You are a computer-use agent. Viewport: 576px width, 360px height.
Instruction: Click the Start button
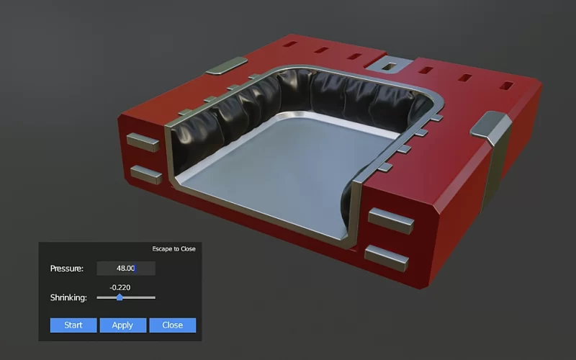click(x=73, y=325)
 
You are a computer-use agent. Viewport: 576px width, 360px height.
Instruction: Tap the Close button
click(x=172, y=325)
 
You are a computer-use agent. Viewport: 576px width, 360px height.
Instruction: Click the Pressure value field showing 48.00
click(x=126, y=269)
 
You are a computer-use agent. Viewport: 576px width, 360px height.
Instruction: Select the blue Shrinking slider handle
click(x=120, y=297)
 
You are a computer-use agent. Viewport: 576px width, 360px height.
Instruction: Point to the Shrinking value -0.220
click(x=120, y=287)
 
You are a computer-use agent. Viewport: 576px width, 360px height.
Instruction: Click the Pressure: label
click(x=67, y=269)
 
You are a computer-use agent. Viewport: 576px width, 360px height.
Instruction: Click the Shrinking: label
click(x=69, y=297)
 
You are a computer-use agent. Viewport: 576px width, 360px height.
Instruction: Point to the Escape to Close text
click(x=174, y=249)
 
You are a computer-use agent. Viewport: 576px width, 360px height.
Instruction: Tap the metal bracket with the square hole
click(x=390, y=66)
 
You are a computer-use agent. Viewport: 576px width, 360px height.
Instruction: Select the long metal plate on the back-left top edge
click(x=226, y=68)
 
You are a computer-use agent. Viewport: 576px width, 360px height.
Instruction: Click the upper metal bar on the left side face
click(x=143, y=140)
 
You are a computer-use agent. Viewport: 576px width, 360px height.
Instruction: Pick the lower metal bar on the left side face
click(x=146, y=174)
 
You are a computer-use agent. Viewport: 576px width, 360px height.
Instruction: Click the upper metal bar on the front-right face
click(x=391, y=220)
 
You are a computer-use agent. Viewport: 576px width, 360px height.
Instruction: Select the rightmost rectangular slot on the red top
click(x=507, y=86)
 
